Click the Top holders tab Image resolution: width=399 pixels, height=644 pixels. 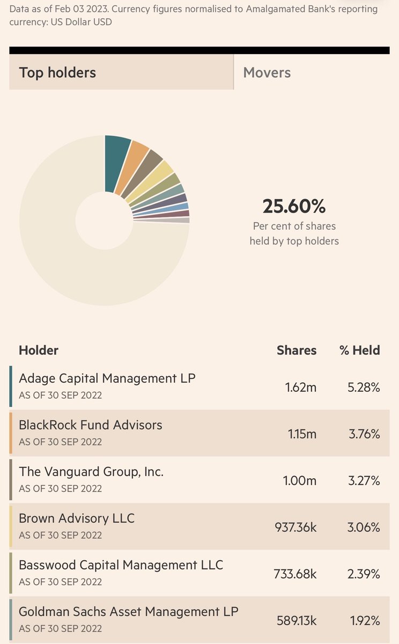57,72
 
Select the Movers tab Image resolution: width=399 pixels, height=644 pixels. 267,72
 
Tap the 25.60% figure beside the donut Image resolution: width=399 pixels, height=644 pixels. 294,206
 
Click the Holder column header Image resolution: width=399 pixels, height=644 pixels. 39,350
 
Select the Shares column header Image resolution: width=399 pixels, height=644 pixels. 297,350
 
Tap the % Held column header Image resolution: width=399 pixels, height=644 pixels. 359,350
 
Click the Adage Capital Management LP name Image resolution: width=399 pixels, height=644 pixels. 107,378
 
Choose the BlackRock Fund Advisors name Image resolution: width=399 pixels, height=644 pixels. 90,425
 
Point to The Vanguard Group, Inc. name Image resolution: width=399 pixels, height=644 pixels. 91,472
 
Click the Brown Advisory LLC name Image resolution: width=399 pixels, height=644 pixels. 77,518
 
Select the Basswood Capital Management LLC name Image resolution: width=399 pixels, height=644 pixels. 121,565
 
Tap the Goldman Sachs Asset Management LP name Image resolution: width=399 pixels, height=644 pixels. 129,611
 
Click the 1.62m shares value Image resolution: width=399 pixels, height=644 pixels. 301,387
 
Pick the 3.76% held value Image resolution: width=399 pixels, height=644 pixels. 364,434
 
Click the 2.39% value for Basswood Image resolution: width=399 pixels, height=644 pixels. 364,574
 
